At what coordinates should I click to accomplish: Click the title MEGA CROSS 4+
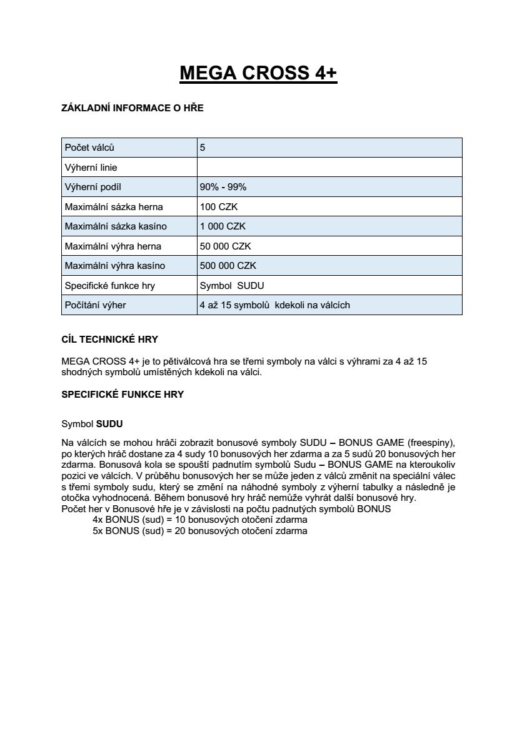[258, 73]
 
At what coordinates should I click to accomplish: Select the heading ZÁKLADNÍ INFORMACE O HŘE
[133, 108]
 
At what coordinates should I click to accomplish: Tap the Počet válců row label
[89, 148]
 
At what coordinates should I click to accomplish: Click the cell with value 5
[203, 148]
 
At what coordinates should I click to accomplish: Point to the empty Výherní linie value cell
[329, 168]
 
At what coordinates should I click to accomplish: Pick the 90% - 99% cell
[223, 187]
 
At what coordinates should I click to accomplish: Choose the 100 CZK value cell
[214, 207]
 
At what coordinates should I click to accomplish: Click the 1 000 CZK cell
[218, 226]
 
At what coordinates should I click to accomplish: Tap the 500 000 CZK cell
[228, 266]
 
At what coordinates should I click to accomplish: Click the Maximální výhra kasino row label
[115, 266]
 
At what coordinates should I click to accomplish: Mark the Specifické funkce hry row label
[110, 286]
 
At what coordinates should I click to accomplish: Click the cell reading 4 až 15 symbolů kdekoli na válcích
[274, 305]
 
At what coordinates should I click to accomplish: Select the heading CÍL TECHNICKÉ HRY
[110, 340]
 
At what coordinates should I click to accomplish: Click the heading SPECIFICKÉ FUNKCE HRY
[123, 395]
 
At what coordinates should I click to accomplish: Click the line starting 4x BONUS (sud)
[199, 520]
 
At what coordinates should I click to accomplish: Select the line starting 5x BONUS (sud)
[199, 531]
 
